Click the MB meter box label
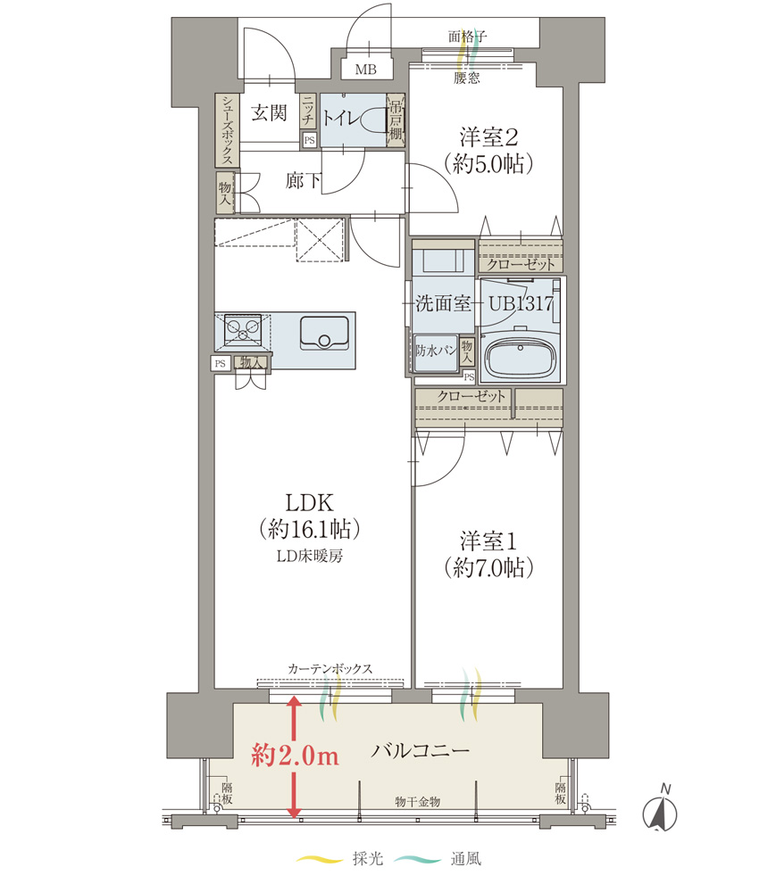[x=365, y=70]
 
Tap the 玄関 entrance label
[x=269, y=112]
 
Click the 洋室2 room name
[x=488, y=137]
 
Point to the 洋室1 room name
[x=488, y=541]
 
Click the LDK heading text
[x=309, y=503]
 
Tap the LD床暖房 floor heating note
[x=310, y=556]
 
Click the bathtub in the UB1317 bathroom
[x=520, y=359]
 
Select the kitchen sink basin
[x=324, y=332]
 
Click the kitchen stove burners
[x=243, y=330]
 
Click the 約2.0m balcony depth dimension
[x=296, y=756]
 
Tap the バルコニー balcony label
[x=421, y=751]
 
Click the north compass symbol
[x=660, y=811]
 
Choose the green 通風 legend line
[x=417, y=859]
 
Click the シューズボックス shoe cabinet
[x=227, y=130]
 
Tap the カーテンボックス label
[x=330, y=668]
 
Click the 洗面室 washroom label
[x=442, y=303]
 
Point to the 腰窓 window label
[x=466, y=78]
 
